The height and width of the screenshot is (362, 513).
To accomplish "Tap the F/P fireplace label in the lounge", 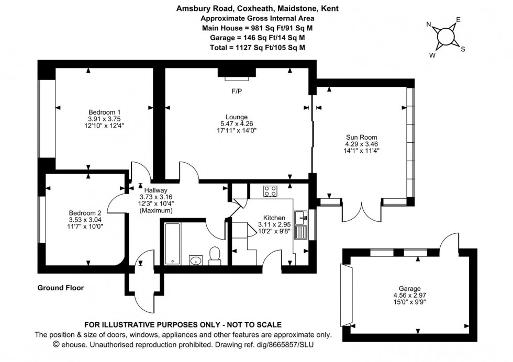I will [237, 91].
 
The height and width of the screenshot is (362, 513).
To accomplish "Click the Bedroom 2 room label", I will [84, 213].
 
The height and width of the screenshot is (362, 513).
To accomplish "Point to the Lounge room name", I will [237, 117].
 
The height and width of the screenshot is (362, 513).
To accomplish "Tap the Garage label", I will [410, 288].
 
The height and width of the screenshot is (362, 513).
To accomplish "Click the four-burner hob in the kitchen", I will [270, 191].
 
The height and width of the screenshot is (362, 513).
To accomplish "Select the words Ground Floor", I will [60, 288].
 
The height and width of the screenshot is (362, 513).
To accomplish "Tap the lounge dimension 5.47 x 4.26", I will [237, 123].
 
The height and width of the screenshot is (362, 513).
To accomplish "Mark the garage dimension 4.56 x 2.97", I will [410, 295].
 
